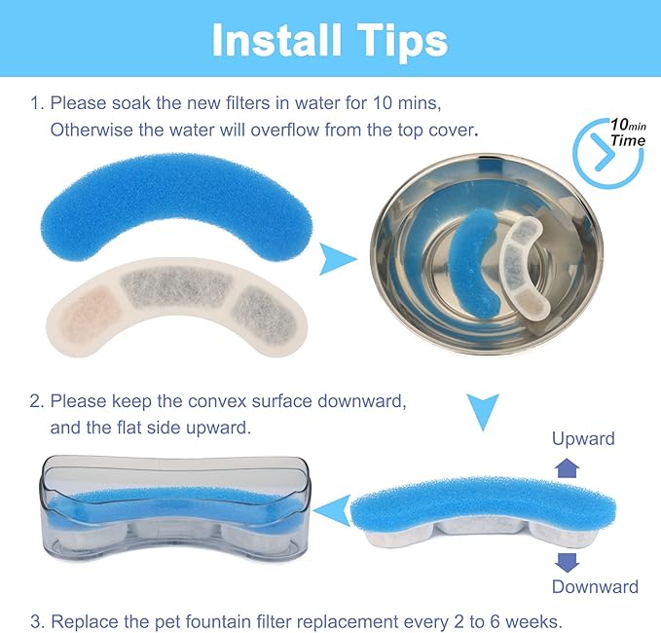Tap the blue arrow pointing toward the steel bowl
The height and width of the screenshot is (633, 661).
[x=338, y=259]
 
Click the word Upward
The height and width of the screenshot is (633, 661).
[x=582, y=438]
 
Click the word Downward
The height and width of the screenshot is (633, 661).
[x=595, y=586]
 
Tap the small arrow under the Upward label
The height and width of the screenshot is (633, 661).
[x=567, y=468]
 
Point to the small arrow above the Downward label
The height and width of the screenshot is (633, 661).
[x=567, y=562]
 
